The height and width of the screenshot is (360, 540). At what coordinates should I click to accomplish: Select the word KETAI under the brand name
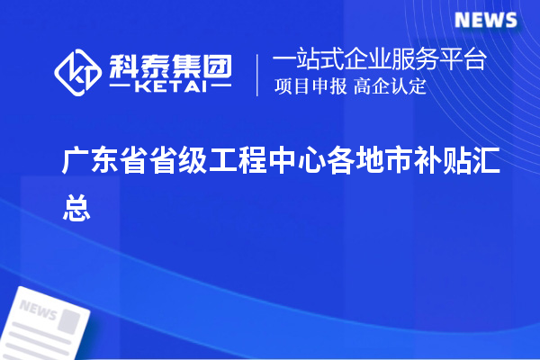tap(171, 86)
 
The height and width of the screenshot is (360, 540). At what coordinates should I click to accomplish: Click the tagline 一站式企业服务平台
tap(380, 60)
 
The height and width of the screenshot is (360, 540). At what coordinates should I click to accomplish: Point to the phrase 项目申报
tap(301, 87)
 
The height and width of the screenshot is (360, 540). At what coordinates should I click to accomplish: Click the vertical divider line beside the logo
tap(258, 74)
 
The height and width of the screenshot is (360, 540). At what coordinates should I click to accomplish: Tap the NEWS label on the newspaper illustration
tap(37, 310)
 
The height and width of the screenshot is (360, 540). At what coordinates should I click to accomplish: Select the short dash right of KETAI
tap(220, 87)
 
